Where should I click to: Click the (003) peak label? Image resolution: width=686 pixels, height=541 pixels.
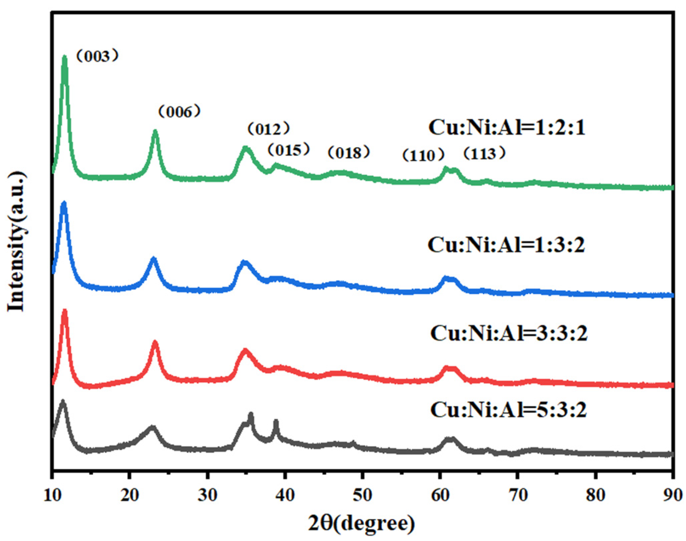pos(97,57)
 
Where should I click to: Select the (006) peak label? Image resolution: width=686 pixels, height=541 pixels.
pos(179,112)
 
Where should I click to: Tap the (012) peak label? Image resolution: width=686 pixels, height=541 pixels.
pos(269,129)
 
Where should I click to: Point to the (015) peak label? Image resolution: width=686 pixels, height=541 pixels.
pos(288,150)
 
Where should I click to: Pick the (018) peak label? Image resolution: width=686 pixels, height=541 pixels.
pos(349,153)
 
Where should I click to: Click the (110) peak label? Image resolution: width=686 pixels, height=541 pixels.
pos(423,155)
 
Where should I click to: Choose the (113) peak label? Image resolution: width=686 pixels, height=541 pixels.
pos(484,154)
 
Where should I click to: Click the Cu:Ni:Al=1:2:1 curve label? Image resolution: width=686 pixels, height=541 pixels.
pos(507,127)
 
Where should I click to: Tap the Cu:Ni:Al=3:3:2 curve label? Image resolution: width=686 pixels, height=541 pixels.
pos(508,333)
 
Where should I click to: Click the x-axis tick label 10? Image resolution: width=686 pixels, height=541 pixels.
pos(53,495)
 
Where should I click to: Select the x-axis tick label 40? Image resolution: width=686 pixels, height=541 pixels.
pos(285,495)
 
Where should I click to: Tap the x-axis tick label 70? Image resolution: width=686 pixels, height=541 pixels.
pos(518,495)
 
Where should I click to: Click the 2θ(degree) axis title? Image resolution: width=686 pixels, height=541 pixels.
pos(361,524)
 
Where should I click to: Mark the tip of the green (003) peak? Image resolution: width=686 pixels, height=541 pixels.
pos(64,57)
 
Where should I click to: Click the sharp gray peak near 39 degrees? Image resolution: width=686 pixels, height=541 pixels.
pos(276,422)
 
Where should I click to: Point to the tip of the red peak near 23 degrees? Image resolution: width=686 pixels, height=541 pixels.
pos(155,342)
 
